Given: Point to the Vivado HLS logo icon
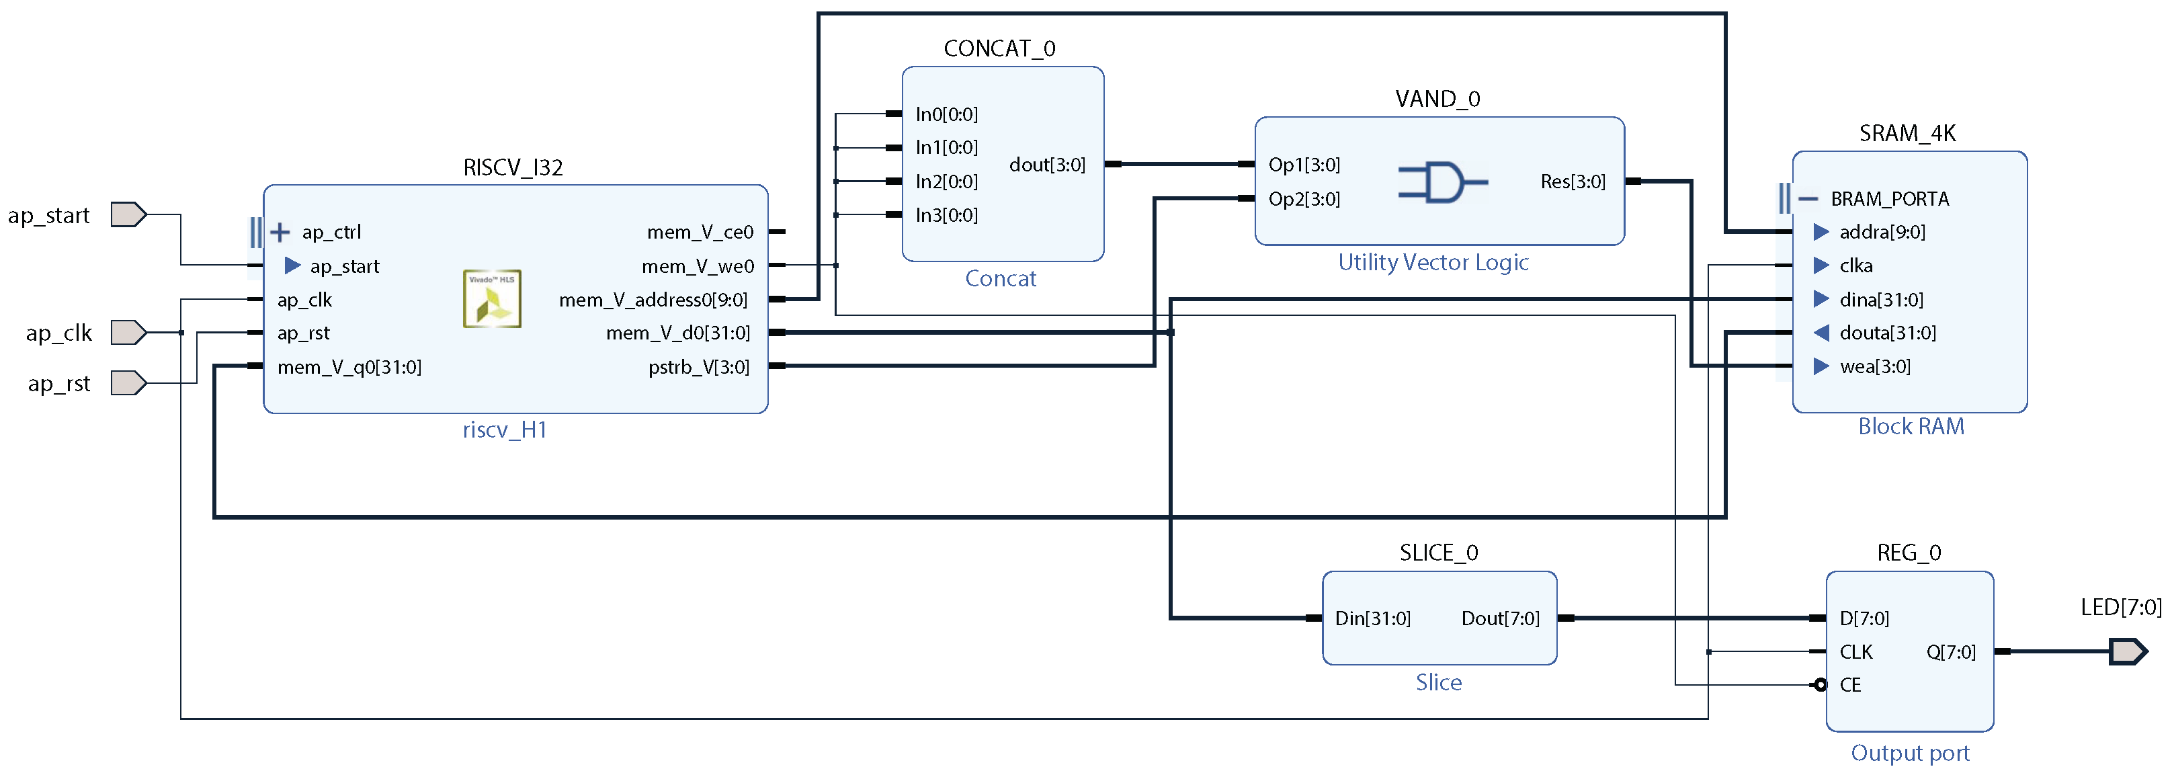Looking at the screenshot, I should pos(493,298).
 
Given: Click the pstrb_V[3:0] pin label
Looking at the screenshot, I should pos(698,367).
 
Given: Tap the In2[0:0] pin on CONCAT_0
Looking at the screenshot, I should pos(946,181).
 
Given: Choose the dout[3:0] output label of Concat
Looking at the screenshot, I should pos(1046,165).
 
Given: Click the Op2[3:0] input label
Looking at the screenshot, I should pos(1304,199).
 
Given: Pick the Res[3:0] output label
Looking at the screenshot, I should pos(1573,181).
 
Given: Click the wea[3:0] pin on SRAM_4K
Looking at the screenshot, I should pos(1874,366).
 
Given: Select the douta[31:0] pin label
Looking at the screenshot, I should pos(1887,332).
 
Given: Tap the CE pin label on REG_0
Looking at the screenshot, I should pos(1850,685).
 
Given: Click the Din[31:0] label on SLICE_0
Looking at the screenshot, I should pos(1372,618).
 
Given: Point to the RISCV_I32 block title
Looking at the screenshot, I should pos(513,167).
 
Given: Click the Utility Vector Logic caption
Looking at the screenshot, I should pos(1433,262).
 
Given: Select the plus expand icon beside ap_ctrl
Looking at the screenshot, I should pos(280,232).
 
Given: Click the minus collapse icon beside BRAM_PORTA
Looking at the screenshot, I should pos(1808,199).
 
